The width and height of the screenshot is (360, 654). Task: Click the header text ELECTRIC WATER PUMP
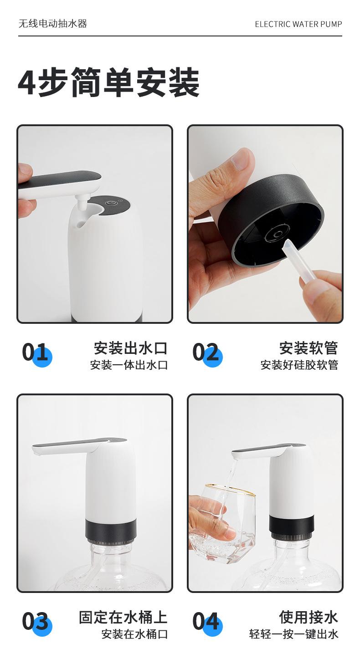298,24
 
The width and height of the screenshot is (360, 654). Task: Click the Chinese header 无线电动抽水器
53,24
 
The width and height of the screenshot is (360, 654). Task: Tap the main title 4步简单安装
109,82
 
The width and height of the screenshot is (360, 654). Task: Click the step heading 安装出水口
130,348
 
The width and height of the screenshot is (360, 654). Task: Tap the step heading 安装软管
309,348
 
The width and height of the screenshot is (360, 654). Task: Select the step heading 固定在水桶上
123,617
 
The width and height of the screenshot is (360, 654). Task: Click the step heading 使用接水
309,617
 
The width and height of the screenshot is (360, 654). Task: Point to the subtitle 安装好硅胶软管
299,365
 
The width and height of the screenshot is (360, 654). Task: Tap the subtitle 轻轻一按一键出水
294,634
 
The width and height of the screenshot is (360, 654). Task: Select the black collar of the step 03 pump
111,530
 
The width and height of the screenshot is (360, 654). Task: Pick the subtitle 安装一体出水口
129,365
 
